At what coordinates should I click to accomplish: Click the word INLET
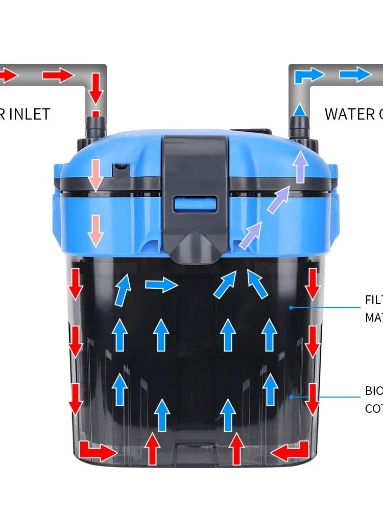30,113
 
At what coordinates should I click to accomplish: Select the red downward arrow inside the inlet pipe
95,88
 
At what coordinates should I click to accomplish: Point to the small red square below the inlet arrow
95,113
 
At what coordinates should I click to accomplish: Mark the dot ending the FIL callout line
291,307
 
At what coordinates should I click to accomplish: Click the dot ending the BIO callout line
291,397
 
